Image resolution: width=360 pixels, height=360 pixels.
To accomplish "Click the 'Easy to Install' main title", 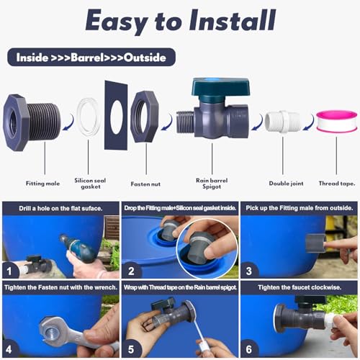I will click(180, 22).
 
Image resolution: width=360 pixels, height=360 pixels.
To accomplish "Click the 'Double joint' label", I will click(282, 163).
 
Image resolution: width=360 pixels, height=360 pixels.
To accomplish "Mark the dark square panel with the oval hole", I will click(115, 115).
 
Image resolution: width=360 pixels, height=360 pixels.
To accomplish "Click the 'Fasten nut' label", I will click(146, 163).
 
